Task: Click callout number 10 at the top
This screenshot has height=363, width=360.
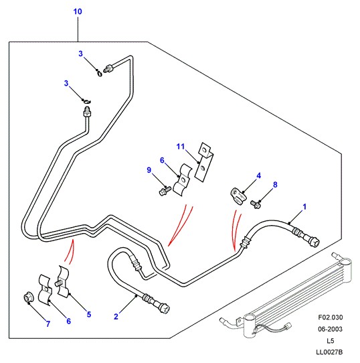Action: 78,11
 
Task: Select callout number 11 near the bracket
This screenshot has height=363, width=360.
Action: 181,146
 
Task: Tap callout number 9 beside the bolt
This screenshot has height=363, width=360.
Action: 149,170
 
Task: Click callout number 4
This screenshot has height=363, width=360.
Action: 259,175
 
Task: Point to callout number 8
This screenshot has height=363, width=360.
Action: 275,184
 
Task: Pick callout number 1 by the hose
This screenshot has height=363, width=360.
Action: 304,207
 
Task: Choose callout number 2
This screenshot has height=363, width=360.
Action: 116,317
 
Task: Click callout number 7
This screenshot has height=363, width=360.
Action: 48,324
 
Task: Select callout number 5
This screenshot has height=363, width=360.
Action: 89,314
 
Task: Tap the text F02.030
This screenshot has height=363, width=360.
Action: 331,317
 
